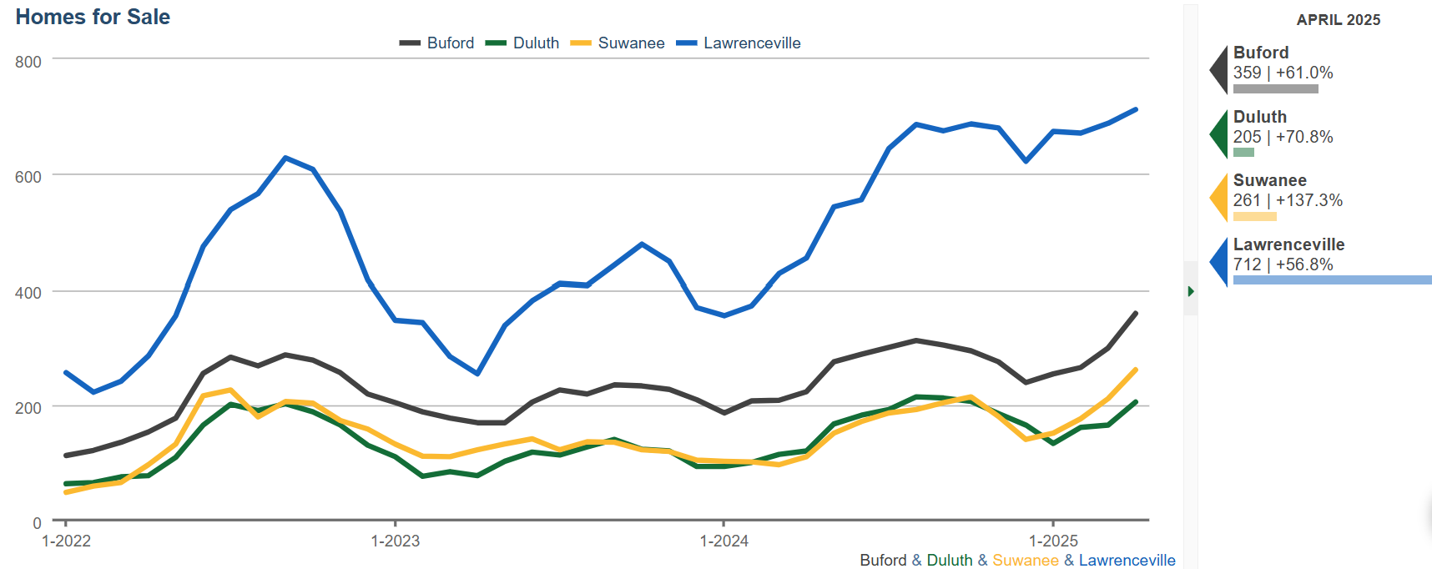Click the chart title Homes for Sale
pos(93,17)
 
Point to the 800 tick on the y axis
pos(28,62)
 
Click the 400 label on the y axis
pos(28,293)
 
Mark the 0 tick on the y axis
pos(37,523)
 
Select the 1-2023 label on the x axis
pos(396,541)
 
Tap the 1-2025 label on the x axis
pos(1053,541)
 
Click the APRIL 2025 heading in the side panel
pos(1339,20)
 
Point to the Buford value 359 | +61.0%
pos(1283,73)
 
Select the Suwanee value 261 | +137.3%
pos(1288,200)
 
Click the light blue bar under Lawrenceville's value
pos(1332,280)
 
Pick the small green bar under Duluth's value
pos(1243,153)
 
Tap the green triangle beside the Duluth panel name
pos(1220,133)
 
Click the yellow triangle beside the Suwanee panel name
pos(1220,198)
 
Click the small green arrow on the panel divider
pos(1191,291)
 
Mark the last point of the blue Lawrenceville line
pos(1136,109)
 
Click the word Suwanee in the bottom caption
pos(1026,560)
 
